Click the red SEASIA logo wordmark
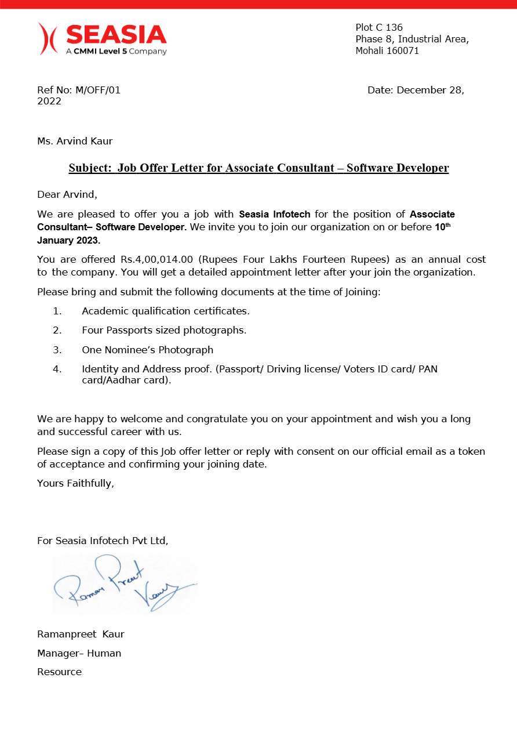click(116, 35)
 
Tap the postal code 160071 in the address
click(401, 50)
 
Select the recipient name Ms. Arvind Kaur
click(75, 141)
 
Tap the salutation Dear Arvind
click(67, 194)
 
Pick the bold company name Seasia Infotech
click(275, 215)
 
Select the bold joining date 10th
click(442, 227)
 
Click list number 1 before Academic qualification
click(57, 311)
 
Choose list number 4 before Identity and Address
click(57, 369)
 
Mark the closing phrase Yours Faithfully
click(75, 483)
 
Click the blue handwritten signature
click(125, 583)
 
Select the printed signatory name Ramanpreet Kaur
click(81, 634)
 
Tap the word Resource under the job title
click(59, 672)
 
